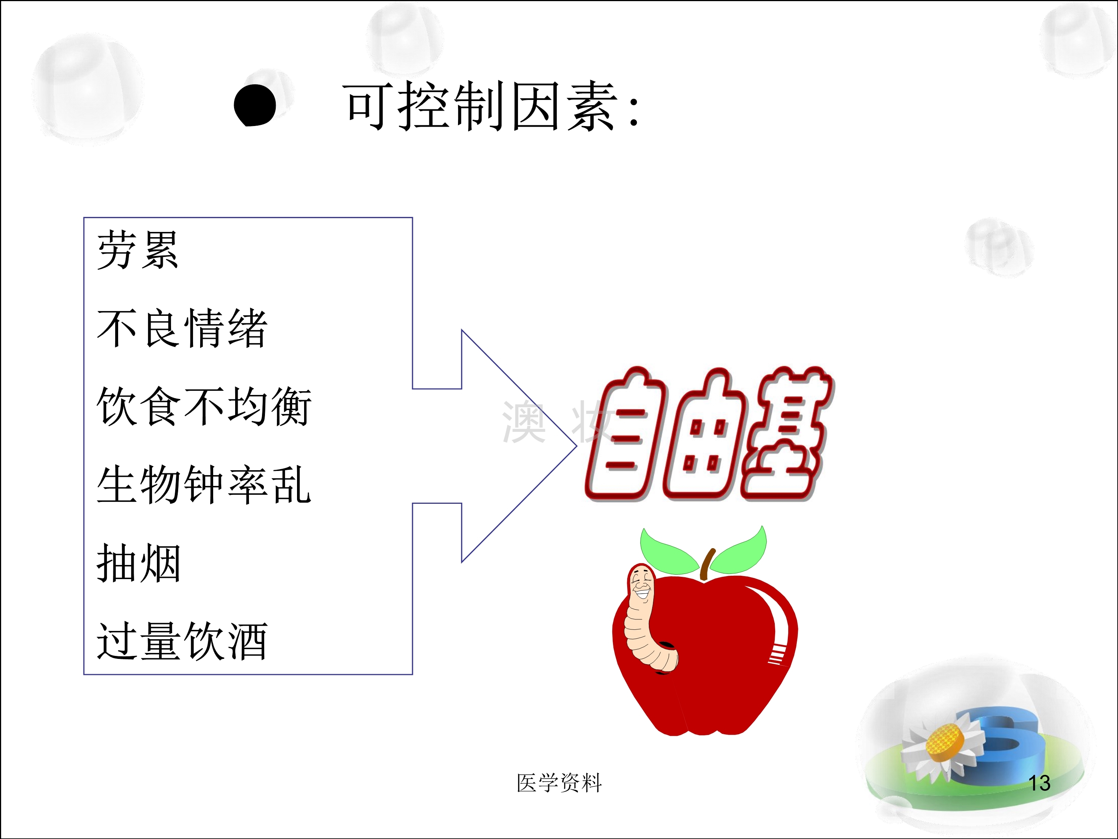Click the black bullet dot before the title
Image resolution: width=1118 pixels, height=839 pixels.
255,105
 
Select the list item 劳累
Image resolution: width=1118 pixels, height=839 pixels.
138,250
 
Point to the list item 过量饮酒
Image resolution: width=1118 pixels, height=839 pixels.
182,641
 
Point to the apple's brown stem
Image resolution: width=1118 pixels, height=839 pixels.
708,564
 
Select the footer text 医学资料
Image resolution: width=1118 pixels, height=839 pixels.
559,783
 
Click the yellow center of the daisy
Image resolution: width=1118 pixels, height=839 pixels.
942,742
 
